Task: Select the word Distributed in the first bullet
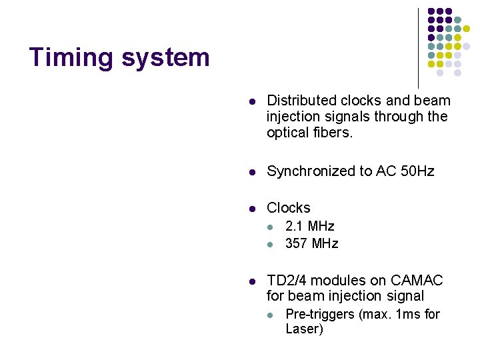point(300,101)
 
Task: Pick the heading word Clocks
point(289,208)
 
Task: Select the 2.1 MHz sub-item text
point(309,227)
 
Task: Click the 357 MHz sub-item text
point(311,244)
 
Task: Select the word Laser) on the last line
point(304,329)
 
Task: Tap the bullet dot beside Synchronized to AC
point(253,172)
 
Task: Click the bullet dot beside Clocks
point(253,209)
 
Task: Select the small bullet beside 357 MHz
point(271,245)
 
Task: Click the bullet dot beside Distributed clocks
point(253,102)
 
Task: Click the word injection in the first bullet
point(294,117)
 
